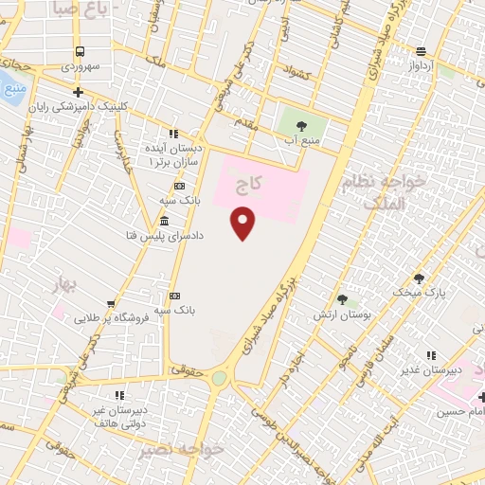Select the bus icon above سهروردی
point(80,52)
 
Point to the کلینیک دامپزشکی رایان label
point(81,107)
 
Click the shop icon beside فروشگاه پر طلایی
point(112,303)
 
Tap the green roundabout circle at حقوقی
point(220,378)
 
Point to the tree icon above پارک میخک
point(421,278)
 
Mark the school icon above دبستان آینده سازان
point(172,135)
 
